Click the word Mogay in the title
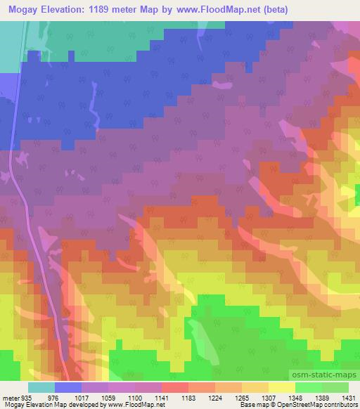point(25,9)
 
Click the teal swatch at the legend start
point(41,387)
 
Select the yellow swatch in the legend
point(281,387)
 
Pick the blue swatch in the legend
point(68,387)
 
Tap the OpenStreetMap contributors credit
point(317,405)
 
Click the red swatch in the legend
point(175,387)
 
